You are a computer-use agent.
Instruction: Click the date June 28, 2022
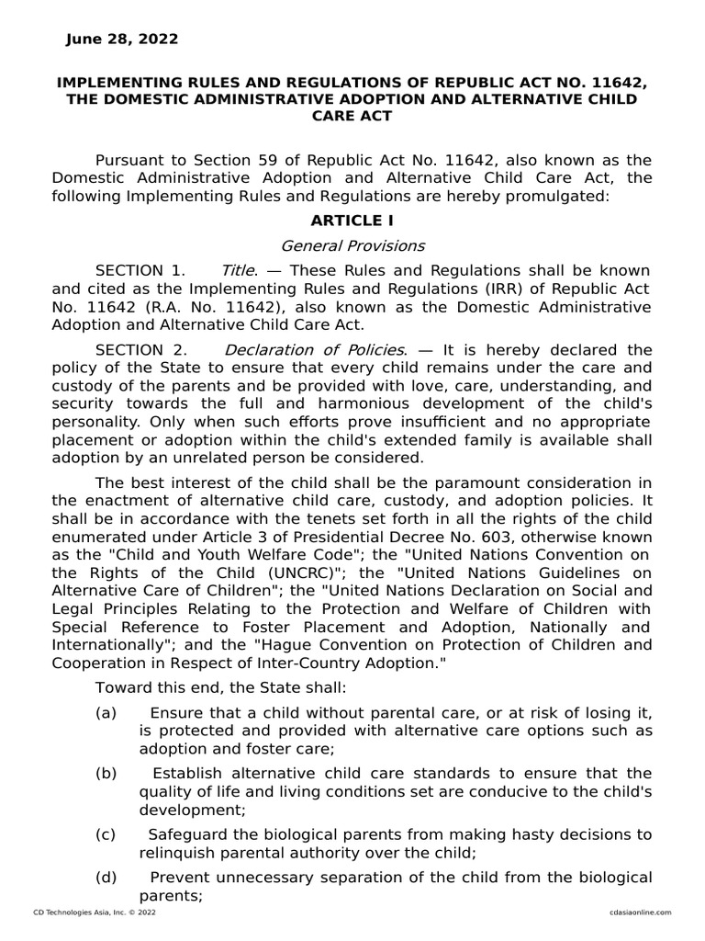click(x=122, y=40)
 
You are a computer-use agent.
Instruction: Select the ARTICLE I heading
click(x=352, y=221)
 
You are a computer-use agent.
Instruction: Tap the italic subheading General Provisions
click(x=352, y=245)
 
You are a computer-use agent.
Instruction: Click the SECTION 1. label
click(x=140, y=270)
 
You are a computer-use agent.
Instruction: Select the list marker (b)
click(x=105, y=773)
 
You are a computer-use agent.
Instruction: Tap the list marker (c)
click(x=105, y=833)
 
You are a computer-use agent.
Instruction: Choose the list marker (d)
click(x=105, y=877)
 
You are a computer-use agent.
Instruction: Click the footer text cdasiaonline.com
click(x=641, y=912)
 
